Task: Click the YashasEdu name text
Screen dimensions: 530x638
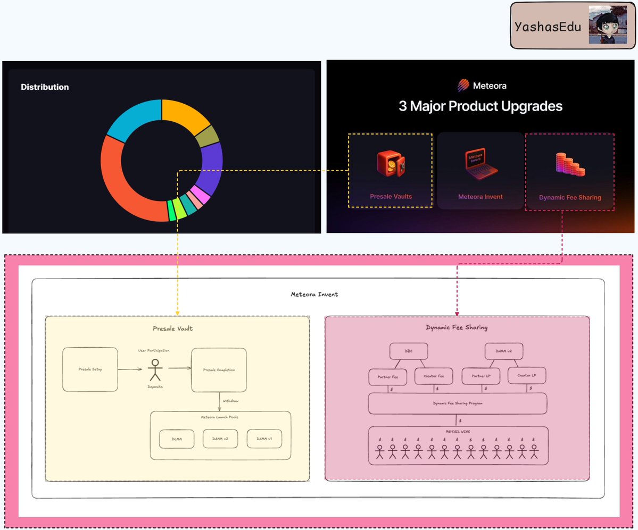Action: (547, 26)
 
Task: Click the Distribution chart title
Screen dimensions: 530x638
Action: (45, 87)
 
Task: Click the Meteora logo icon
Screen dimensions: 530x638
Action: (464, 85)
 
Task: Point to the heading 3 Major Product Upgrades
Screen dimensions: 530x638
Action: (480, 106)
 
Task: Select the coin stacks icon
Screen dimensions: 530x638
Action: (569, 164)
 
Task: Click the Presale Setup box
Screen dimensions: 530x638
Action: (90, 369)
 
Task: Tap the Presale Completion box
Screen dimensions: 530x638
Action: (219, 370)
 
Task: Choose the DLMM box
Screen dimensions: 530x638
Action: (177, 439)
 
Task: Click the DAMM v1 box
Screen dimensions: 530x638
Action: (264, 439)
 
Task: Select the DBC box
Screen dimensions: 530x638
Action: (409, 351)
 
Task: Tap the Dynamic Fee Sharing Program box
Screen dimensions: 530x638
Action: (458, 403)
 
